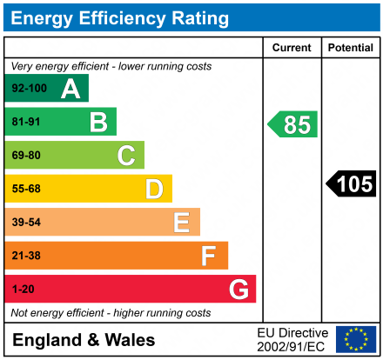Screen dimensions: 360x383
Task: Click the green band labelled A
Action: coord(47,88)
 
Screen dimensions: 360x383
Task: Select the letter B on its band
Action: coord(98,122)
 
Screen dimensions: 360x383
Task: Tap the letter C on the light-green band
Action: coord(126,156)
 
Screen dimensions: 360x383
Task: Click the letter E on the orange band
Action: coord(181,223)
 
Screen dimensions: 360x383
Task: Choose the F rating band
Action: coord(117,256)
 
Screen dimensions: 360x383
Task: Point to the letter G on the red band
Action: coord(237,289)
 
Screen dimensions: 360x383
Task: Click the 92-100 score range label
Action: coord(30,89)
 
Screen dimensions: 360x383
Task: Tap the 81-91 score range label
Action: coord(26,122)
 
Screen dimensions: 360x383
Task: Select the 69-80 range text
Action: coord(26,156)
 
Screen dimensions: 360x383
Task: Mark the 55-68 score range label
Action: coord(26,189)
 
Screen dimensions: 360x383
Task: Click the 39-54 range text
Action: coord(26,223)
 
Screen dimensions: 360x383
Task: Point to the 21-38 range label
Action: coord(26,256)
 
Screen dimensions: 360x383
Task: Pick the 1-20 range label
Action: coord(22,289)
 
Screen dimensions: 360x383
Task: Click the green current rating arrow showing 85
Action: coord(292,124)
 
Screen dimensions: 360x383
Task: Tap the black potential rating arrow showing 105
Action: coord(351,183)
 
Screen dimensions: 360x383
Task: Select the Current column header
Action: coord(292,48)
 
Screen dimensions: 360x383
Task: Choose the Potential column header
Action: coord(350,48)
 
